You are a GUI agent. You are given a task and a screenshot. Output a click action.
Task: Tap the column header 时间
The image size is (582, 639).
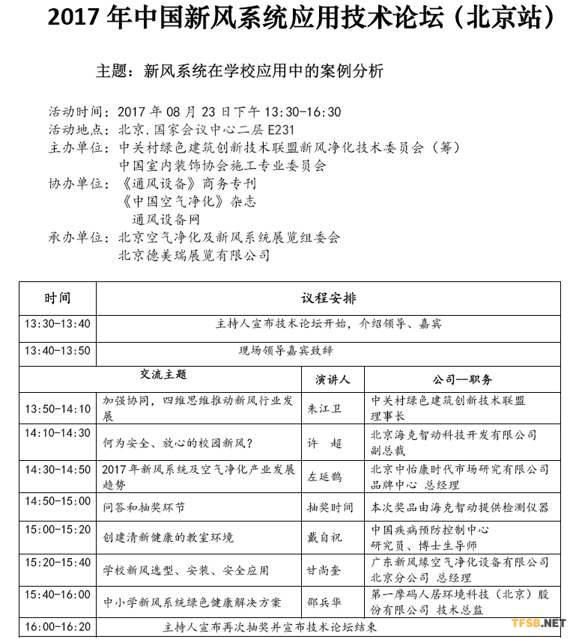tap(58, 298)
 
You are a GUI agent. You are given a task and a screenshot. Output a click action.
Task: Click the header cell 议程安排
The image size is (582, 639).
tap(329, 298)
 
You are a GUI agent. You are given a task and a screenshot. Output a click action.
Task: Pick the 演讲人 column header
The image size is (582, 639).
tap(333, 379)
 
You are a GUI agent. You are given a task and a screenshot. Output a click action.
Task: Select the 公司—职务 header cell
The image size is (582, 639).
tap(462, 379)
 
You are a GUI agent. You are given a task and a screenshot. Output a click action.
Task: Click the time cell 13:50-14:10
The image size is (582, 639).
tap(58, 409)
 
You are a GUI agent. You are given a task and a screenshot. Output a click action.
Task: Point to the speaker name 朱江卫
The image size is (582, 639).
tap(324, 409)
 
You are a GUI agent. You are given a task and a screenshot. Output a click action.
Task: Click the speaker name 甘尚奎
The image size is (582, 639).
tap(324, 571)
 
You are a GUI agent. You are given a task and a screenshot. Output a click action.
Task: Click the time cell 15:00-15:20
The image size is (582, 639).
tap(58, 529)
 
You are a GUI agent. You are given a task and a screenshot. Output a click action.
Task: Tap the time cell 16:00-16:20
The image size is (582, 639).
tap(58, 626)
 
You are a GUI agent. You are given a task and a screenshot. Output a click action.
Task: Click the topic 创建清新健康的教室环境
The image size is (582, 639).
tap(168, 538)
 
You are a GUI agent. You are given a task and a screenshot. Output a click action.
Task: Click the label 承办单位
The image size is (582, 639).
tap(78, 238)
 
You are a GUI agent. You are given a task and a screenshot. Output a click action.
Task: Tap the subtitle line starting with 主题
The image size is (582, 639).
tap(240, 72)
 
